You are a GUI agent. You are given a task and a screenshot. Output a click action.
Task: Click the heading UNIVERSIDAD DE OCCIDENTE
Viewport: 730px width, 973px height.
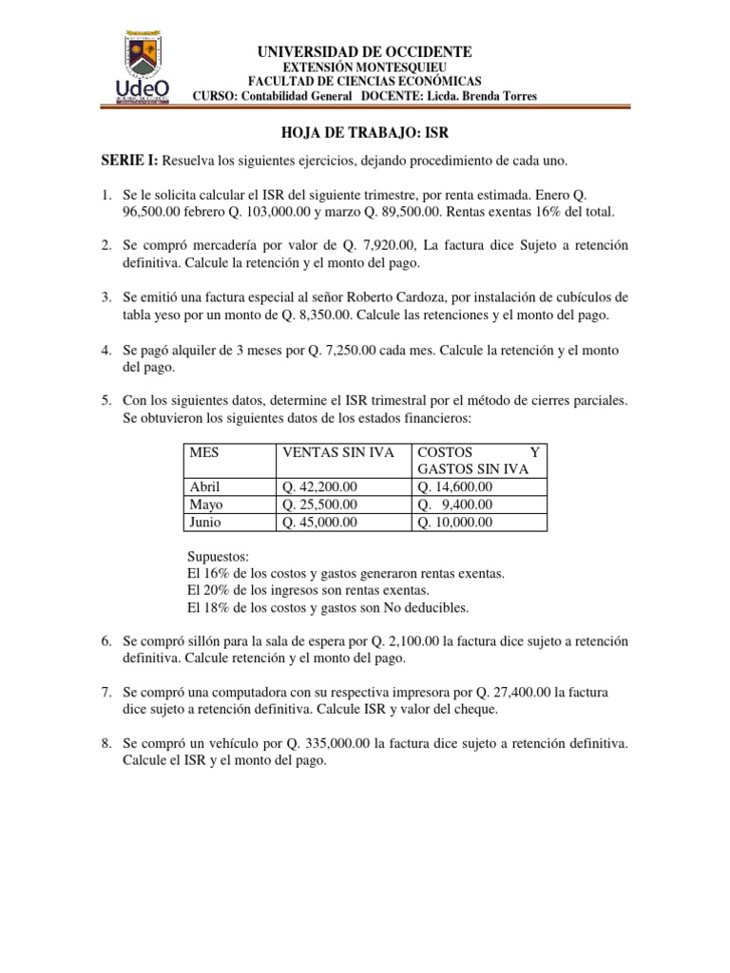tap(365, 51)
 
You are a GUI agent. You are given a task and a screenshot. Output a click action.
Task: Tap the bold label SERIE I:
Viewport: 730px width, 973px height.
tap(132, 164)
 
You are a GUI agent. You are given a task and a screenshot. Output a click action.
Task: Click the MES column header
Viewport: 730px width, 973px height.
tap(204, 452)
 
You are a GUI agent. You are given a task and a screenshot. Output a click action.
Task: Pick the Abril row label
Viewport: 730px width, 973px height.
tap(205, 487)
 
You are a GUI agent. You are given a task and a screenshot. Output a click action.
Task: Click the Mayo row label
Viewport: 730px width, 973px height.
tap(206, 505)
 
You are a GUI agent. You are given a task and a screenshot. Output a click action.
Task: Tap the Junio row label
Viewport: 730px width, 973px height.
tap(206, 522)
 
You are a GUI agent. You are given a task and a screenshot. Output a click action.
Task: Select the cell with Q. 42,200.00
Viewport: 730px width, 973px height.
tap(319, 487)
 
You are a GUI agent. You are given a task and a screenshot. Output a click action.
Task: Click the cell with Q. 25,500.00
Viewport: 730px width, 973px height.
tap(319, 505)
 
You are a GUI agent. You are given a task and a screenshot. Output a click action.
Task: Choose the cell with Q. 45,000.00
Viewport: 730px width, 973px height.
tap(319, 522)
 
